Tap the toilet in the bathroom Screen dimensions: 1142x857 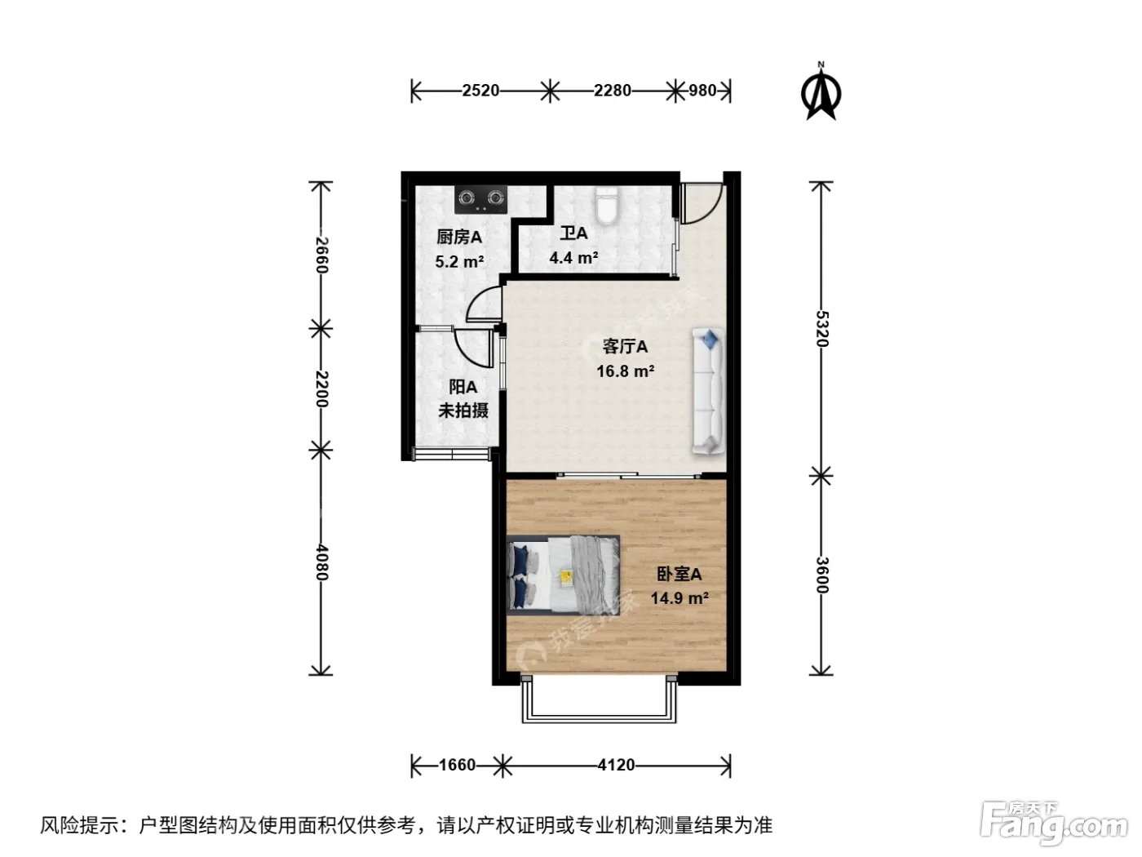pyautogui.click(x=607, y=206)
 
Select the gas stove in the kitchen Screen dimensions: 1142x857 pyautogui.click(x=480, y=200)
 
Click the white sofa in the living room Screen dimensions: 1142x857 pyautogui.click(x=708, y=391)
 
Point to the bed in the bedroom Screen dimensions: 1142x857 pyautogui.click(x=564, y=575)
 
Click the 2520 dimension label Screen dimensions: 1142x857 pyautogui.click(x=480, y=91)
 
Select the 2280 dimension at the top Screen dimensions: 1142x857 pyautogui.click(x=613, y=91)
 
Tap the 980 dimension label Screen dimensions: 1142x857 pyautogui.click(x=702, y=91)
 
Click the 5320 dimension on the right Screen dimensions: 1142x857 pyautogui.click(x=822, y=328)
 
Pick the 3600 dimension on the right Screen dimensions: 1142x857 pyautogui.click(x=822, y=575)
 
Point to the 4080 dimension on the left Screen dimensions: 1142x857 pyautogui.click(x=321, y=562)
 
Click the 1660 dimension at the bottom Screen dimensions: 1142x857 pyautogui.click(x=457, y=765)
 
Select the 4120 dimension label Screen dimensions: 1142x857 pyautogui.click(x=616, y=765)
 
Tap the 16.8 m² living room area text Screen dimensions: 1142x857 pyautogui.click(x=625, y=371)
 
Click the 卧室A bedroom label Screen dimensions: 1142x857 pyautogui.click(x=679, y=574)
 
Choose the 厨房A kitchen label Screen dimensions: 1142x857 pyautogui.click(x=459, y=238)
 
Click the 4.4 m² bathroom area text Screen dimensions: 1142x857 pyautogui.click(x=573, y=258)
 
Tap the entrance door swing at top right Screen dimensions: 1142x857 pyautogui.click(x=702, y=203)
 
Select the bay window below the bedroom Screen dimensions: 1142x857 pyautogui.click(x=599, y=699)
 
